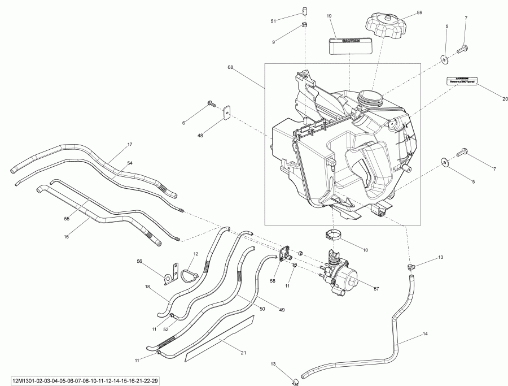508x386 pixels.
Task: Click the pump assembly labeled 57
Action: point(345,272)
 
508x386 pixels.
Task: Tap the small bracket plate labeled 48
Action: point(227,112)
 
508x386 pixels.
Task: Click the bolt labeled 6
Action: point(211,103)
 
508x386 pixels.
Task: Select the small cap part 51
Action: point(305,10)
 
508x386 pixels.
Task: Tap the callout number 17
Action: point(130,145)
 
